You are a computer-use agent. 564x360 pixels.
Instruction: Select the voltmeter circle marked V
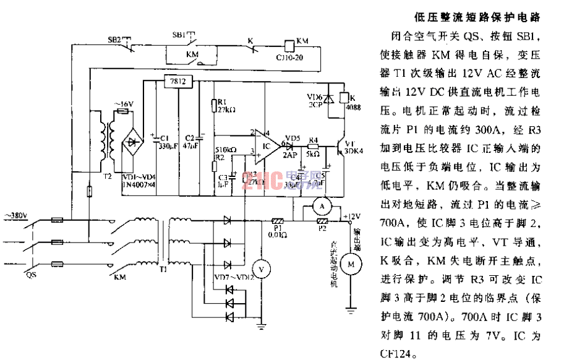point(262,269)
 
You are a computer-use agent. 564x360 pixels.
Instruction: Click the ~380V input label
point(17,215)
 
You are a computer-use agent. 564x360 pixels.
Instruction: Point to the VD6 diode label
point(315,97)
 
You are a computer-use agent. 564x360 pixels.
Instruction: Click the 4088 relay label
point(356,107)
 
